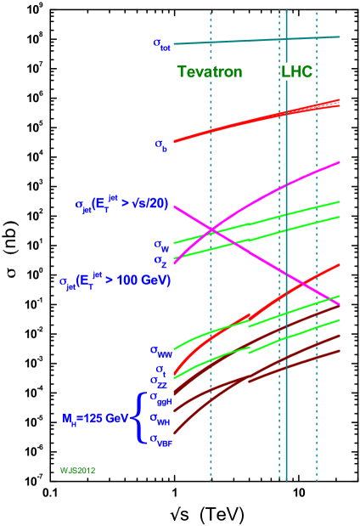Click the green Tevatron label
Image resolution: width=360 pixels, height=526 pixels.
click(x=210, y=72)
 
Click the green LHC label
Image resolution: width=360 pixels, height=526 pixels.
click(x=296, y=72)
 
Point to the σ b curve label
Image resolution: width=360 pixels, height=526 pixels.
click(x=161, y=145)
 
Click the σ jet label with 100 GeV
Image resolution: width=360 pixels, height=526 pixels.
click(x=115, y=280)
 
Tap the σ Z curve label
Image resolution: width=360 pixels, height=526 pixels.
click(x=160, y=260)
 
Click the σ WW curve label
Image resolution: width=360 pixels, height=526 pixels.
click(x=161, y=349)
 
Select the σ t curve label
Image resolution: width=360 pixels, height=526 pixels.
click(x=162, y=368)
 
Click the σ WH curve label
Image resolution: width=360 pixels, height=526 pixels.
click(x=160, y=418)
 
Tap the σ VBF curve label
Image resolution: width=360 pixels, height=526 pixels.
click(x=160, y=438)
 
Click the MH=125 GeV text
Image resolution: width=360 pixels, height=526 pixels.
click(x=95, y=418)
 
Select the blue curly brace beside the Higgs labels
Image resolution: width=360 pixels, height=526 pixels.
click(x=138, y=417)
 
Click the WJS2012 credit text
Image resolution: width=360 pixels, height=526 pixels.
click(x=76, y=469)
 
